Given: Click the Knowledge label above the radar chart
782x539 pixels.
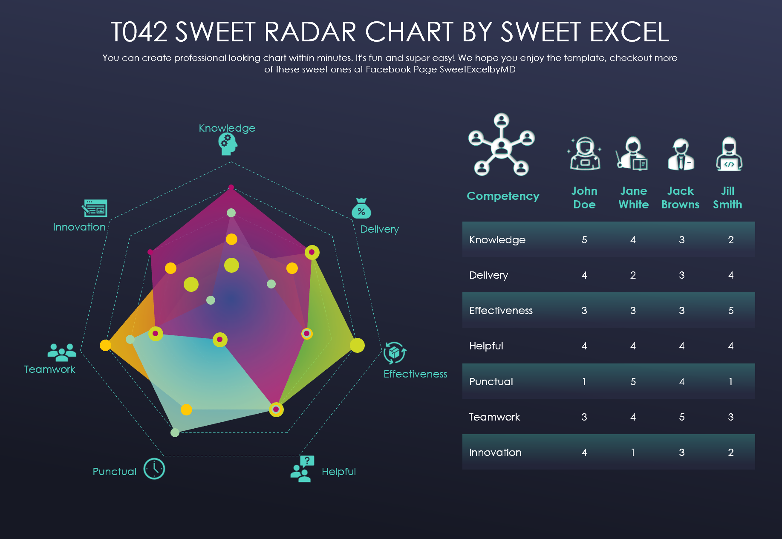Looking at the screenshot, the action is pos(227,128).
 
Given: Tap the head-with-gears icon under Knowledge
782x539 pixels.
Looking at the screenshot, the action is pos(228,144).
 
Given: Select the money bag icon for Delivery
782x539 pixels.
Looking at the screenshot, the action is pos(361,208).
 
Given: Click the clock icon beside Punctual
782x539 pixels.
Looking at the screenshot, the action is pos(154,469).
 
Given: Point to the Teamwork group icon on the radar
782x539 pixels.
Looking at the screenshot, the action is pos(62,352).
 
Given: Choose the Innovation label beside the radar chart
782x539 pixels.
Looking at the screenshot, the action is pos(79,227).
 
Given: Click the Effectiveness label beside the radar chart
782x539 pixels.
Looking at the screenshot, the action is pos(415,374).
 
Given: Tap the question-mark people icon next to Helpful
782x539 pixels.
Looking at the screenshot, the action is pos(302,469).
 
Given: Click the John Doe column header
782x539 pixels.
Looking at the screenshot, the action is pos(584,198).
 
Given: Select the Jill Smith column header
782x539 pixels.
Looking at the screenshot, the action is pos(727,198).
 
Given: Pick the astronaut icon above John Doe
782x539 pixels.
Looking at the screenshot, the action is pos(585,153).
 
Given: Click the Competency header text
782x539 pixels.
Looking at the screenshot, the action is pos(503,196).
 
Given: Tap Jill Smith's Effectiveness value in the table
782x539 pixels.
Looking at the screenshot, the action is pos(731,311).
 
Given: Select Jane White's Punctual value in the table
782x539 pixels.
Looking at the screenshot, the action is pos(633,382).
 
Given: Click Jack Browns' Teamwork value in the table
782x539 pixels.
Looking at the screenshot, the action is pos(682,417).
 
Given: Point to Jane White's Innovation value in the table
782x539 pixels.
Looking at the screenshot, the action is pos(633,453).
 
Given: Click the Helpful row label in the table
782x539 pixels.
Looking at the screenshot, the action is pos(486,346).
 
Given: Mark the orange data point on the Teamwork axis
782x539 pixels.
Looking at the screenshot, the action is pos(105,345).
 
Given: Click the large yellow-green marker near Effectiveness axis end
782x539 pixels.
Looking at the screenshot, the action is pos(357,345).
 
